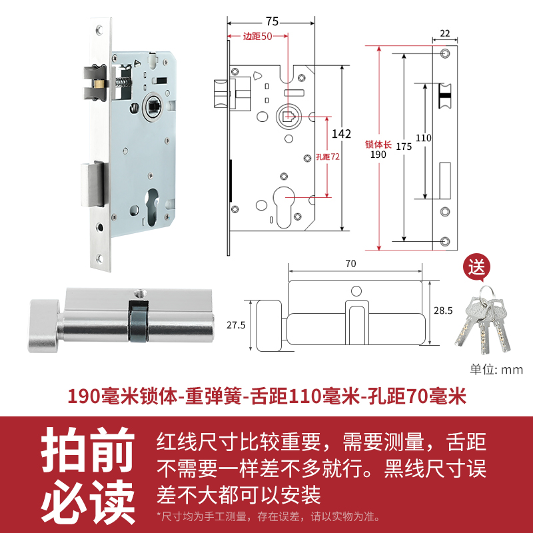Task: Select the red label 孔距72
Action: tap(327, 157)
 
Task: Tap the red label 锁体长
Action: tap(377, 143)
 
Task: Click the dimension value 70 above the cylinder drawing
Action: tap(351, 264)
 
